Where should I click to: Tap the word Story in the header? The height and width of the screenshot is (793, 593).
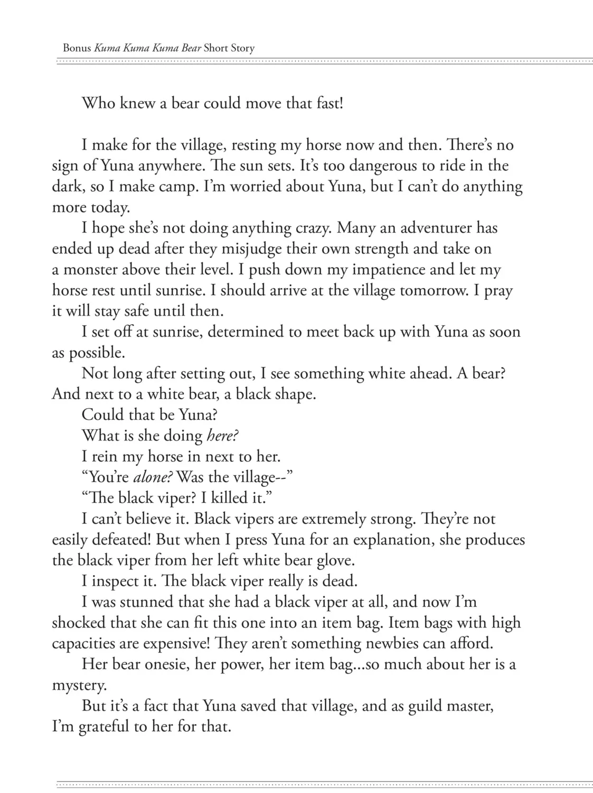242,48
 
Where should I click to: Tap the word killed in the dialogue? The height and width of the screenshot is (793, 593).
229,498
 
